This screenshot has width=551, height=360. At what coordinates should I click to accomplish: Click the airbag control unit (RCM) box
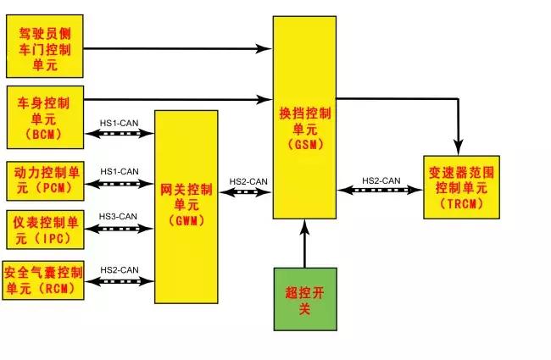click(44, 280)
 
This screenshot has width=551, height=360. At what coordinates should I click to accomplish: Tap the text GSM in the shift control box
click(304, 145)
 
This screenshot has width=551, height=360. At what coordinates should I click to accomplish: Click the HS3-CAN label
click(119, 217)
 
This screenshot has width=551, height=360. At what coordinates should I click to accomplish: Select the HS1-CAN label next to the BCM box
click(119, 123)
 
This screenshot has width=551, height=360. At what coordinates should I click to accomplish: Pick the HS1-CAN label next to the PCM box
click(119, 171)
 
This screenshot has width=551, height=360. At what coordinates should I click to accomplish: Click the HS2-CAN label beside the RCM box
click(119, 269)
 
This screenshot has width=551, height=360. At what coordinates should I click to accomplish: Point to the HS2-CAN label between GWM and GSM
click(248, 181)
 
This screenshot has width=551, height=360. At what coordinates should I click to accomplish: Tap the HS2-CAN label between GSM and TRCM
click(381, 180)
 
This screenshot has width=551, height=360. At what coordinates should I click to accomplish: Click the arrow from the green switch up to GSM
click(304, 246)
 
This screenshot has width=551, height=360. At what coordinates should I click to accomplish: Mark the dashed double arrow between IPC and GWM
click(119, 229)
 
